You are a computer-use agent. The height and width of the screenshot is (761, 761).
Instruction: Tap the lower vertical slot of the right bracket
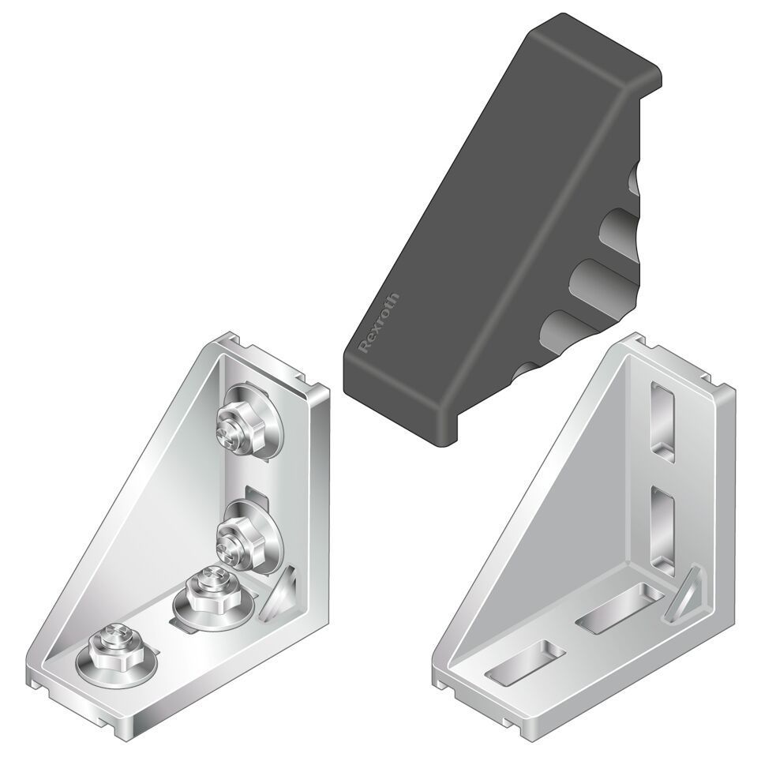pyautogui.click(x=663, y=527)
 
